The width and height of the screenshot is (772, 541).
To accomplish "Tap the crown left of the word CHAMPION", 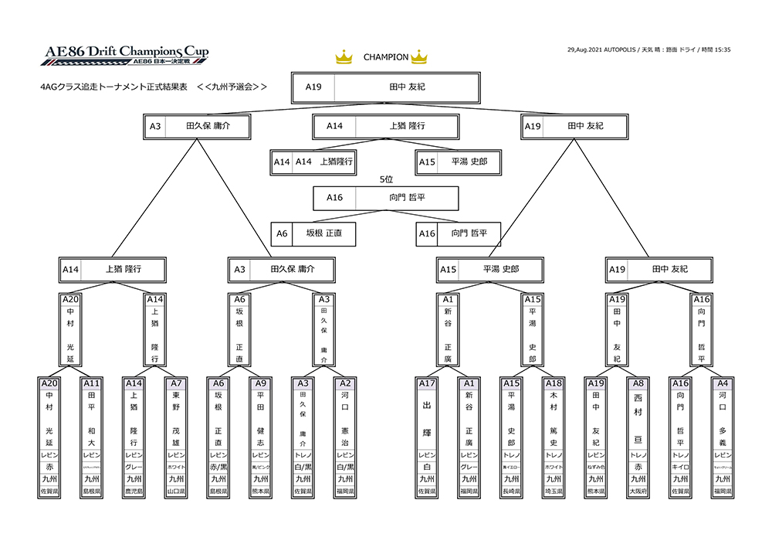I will coord(344,57).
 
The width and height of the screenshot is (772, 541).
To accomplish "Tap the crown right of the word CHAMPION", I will coord(419,57).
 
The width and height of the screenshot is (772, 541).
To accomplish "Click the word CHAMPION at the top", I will coord(385,57).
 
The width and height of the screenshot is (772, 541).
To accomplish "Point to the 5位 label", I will coord(386,179).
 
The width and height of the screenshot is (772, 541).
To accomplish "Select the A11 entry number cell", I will coord(92,383).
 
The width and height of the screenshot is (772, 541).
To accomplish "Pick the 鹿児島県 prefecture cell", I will coord(134,491).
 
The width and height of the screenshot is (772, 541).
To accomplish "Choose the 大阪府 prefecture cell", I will coord(638,491).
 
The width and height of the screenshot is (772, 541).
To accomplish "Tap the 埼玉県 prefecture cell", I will coord(554,491).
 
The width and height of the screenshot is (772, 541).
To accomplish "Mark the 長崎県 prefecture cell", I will coord(512,491).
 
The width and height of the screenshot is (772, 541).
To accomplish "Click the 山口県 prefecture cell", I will coord(176,491).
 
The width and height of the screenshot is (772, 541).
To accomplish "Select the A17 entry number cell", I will coord(427,383).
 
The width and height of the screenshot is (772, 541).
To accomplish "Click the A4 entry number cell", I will coord(722,383).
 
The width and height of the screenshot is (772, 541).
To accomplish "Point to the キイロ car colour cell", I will coord(679,468).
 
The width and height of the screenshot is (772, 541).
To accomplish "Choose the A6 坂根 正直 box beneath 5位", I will coord(313,233).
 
